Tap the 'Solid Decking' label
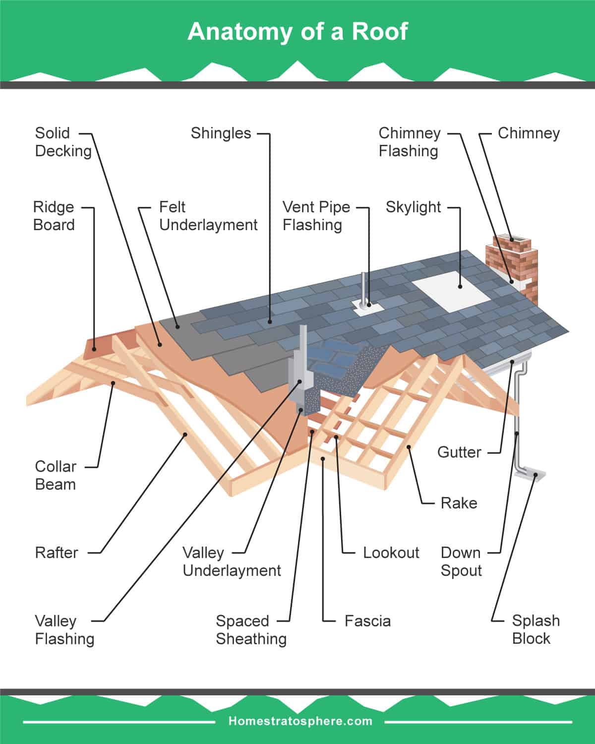(x=63, y=142)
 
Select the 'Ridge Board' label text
(x=54, y=216)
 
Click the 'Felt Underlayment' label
(x=208, y=216)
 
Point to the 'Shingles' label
(x=221, y=133)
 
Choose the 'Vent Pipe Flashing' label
(x=316, y=216)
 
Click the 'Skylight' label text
(x=413, y=207)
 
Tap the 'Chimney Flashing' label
(x=409, y=142)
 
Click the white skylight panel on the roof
(x=451, y=291)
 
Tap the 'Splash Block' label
(x=535, y=629)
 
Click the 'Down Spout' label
(x=461, y=561)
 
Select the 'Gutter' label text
(x=459, y=452)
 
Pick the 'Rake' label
(x=459, y=503)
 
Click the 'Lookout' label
(x=391, y=553)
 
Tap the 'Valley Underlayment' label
(x=231, y=561)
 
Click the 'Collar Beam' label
(x=55, y=475)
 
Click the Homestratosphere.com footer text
(x=300, y=721)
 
